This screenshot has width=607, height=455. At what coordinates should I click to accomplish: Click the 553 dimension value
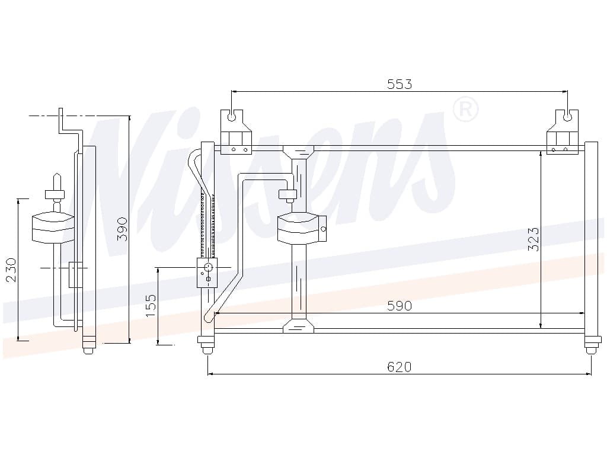[x=400, y=84]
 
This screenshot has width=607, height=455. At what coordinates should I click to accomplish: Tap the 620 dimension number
[x=400, y=366]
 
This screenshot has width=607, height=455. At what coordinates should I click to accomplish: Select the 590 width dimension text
[x=400, y=306]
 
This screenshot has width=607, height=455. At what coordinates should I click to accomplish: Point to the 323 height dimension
[x=533, y=239]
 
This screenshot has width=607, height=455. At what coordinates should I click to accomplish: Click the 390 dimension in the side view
[x=122, y=229]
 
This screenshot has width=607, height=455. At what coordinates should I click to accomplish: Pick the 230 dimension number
[x=11, y=270]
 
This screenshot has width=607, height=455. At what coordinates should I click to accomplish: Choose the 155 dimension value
[x=151, y=306]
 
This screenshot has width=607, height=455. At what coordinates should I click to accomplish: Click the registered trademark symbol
[x=465, y=110]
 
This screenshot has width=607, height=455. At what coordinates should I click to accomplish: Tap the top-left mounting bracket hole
[x=232, y=117]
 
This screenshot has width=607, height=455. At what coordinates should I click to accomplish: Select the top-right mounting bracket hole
[x=567, y=117]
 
